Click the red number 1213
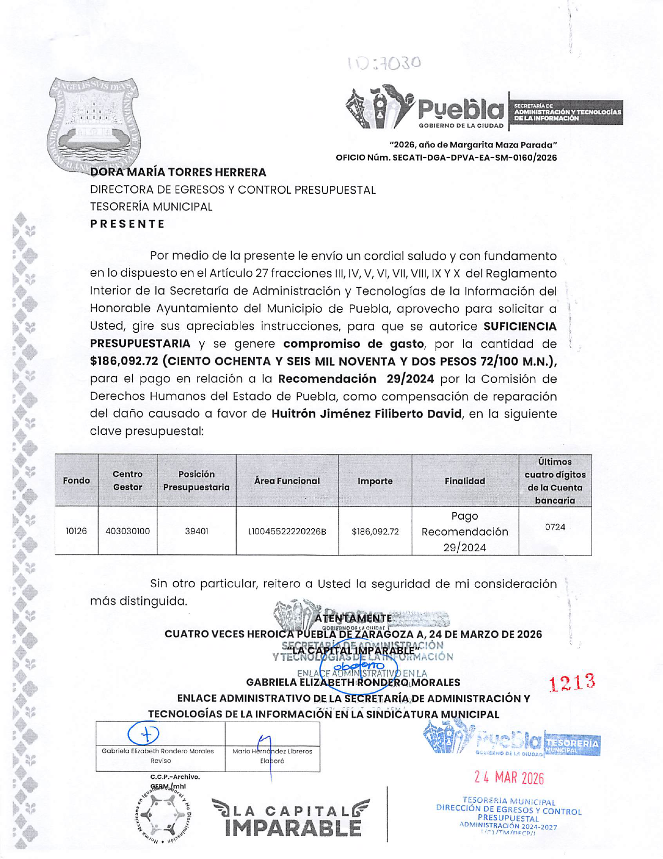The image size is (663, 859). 572,682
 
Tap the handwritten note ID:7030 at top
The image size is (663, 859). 384,64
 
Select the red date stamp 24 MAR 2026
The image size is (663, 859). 509,778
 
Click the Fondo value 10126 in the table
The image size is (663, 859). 76,531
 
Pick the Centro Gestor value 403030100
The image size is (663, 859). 128,531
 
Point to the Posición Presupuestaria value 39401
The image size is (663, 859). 197,531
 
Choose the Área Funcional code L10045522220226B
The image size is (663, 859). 287,532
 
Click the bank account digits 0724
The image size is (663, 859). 555,527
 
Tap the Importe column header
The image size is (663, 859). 375,481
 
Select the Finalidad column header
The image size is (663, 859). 465,481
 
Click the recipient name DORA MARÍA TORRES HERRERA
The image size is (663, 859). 178,172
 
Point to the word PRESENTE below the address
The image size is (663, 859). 128,224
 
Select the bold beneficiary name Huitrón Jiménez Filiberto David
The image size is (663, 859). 366,414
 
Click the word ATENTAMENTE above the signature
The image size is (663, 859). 353,618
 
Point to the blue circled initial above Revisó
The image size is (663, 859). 143,734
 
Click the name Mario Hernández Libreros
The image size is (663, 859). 272,751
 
